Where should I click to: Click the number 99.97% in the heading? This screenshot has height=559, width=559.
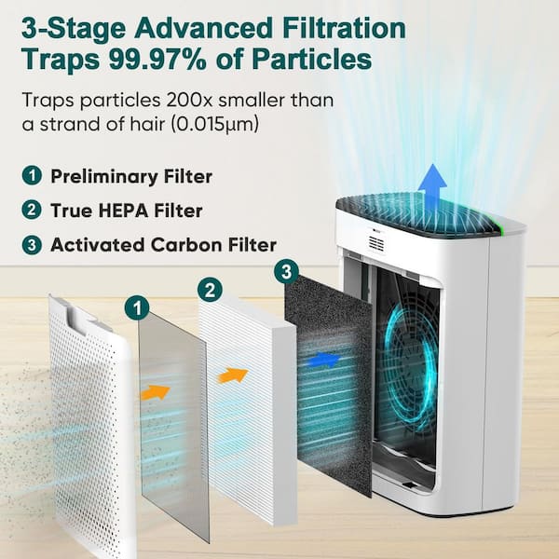click(157, 59)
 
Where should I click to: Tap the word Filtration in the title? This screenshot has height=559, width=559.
click(344, 28)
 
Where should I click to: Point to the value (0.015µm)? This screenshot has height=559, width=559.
click(214, 125)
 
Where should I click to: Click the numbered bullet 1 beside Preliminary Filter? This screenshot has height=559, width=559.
click(32, 176)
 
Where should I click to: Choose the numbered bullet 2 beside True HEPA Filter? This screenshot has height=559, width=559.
click(32, 210)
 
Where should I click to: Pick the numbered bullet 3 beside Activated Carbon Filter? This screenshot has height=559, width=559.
click(32, 244)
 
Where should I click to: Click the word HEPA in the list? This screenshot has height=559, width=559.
click(123, 211)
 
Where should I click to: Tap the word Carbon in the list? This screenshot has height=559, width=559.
click(184, 245)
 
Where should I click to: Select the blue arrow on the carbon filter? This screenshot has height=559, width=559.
click(323, 360)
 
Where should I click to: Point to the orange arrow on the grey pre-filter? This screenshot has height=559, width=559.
click(155, 392)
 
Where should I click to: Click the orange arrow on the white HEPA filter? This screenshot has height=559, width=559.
click(233, 375)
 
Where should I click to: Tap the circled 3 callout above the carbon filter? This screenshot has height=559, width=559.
click(286, 273)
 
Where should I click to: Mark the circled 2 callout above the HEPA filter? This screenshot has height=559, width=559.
click(210, 290)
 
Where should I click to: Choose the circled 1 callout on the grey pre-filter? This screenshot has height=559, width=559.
click(137, 307)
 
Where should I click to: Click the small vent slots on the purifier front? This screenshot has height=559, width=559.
click(376, 243)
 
